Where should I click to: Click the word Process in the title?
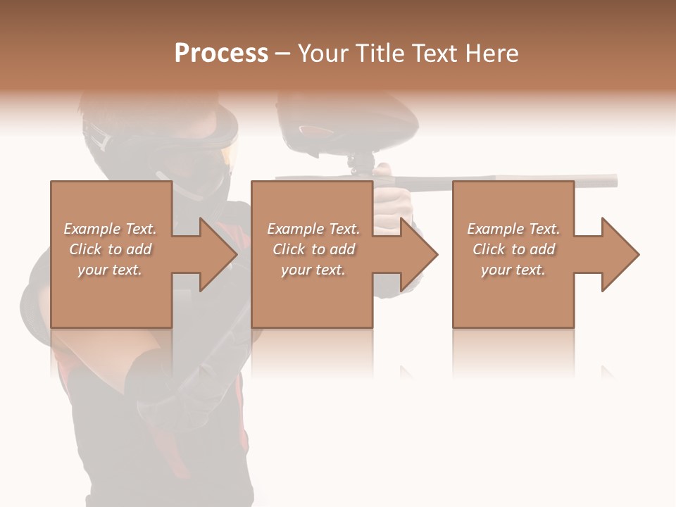(x=221, y=54)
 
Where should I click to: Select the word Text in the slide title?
(x=433, y=54)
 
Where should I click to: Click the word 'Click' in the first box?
(x=85, y=249)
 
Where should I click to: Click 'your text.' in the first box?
(x=110, y=270)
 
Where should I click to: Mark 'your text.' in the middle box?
(x=313, y=270)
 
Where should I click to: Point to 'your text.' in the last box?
(x=513, y=270)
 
